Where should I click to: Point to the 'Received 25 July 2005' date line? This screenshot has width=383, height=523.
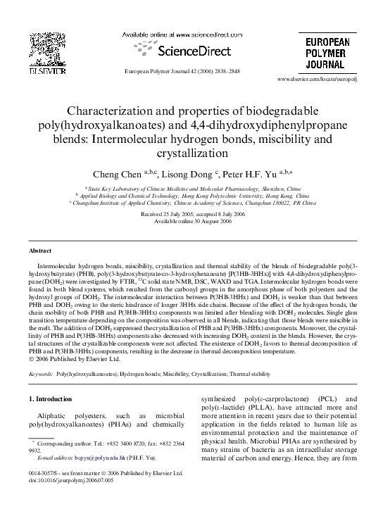point(191,214)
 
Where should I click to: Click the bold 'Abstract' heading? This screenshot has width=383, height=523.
point(39,251)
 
